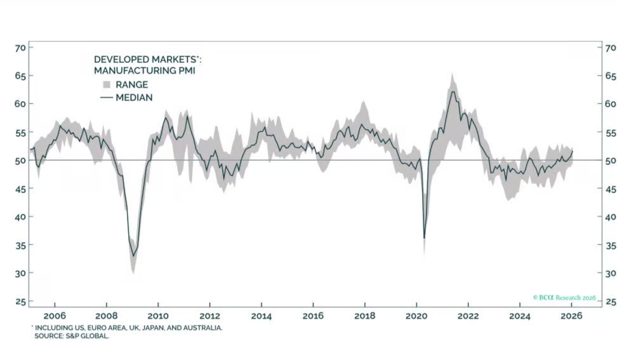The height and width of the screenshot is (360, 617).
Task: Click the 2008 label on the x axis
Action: tap(106, 315)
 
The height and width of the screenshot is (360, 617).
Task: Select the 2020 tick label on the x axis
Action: tap(416, 315)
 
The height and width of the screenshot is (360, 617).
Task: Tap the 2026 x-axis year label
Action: tap(572, 315)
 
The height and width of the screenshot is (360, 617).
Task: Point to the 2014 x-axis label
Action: tap(261, 315)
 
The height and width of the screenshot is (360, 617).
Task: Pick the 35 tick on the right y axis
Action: tap(609, 245)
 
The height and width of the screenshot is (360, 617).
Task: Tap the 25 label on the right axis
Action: tap(609, 301)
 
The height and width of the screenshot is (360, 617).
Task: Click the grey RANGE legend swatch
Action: tap(106, 84)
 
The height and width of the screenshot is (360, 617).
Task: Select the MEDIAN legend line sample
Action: tap(106, 98)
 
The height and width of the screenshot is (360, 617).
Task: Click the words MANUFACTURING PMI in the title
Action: tap(144, 71)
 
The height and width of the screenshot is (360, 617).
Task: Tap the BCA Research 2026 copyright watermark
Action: tap(564, 297)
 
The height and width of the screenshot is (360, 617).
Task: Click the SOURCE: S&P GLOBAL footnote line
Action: tap(72, 335)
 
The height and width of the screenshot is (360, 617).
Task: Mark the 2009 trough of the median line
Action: tap(133, 256)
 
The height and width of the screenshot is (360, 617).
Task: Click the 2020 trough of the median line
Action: tap(424, 238)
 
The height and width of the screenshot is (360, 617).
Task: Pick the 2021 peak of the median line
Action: tap(452, 91)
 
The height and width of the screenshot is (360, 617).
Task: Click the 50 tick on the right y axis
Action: tap(609, 160)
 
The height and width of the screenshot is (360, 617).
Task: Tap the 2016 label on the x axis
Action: tap(313, 315)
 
